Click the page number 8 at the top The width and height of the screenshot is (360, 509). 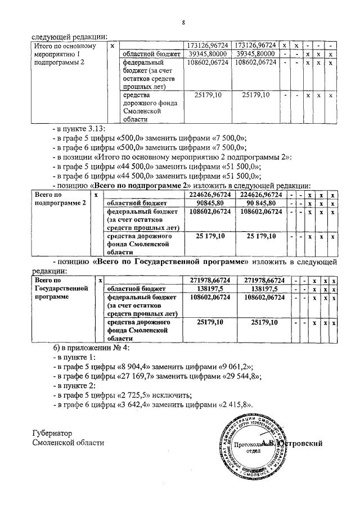click(x=183, y=23)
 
